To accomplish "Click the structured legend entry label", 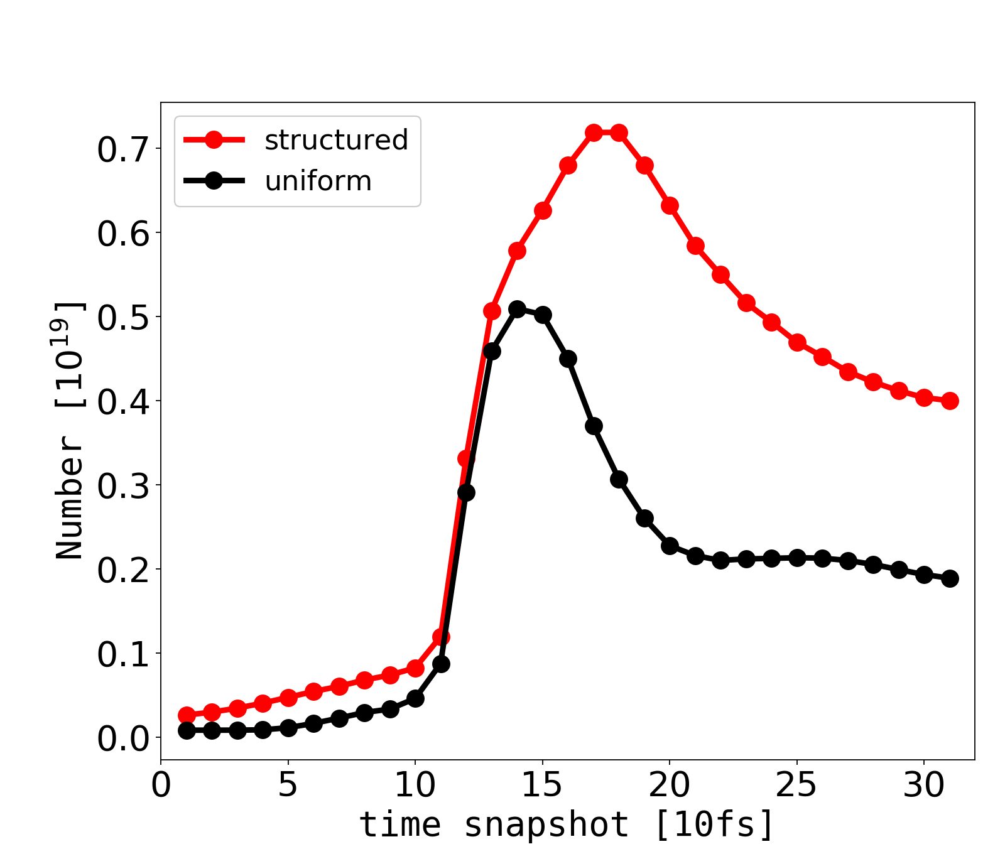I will (336, 140).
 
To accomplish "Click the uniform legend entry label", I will (318, 181).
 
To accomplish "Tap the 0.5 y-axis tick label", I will (123, 317).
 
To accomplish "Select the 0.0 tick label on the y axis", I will (123, 738).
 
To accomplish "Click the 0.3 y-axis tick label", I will (123, 485).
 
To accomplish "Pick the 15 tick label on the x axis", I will (542, 785).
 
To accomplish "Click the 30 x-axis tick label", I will (924, 785).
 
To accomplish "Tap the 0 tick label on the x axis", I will (161, 785).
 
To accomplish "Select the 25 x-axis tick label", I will (797, 785).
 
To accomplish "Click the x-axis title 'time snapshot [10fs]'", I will (567, 824).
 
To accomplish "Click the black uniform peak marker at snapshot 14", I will (517, 309).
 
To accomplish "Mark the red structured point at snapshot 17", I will (594, 132).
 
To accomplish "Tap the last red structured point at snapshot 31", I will (950, 401).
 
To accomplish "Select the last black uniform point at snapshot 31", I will (950, 578).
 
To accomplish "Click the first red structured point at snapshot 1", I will (187, 715).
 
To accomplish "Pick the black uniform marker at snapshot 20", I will (670, 545).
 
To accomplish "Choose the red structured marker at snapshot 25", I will (797, 343).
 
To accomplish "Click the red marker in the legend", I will (214, 140).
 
